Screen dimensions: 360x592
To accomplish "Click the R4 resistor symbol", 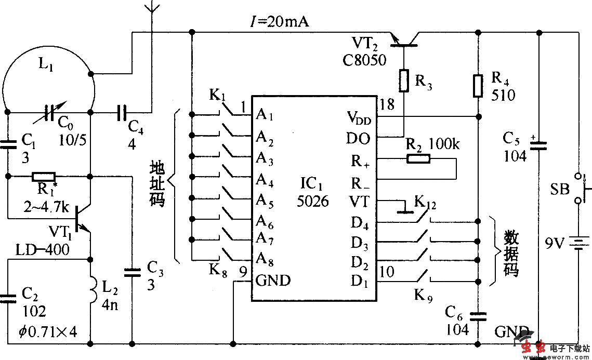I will coord(477,86).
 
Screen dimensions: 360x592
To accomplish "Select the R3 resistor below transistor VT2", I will coord(404,80).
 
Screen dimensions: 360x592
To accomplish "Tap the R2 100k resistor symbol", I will coord(418,158).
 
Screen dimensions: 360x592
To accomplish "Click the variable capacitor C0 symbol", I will coord(50,112).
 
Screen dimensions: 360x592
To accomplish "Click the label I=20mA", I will coord(279,22).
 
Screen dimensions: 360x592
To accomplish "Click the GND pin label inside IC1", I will coord(273,281).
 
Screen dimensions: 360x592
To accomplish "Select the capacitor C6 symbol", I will coord(477,314).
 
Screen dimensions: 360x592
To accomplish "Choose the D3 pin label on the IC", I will coord(360,243).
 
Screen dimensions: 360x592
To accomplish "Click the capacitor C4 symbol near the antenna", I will coord(122,112).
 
